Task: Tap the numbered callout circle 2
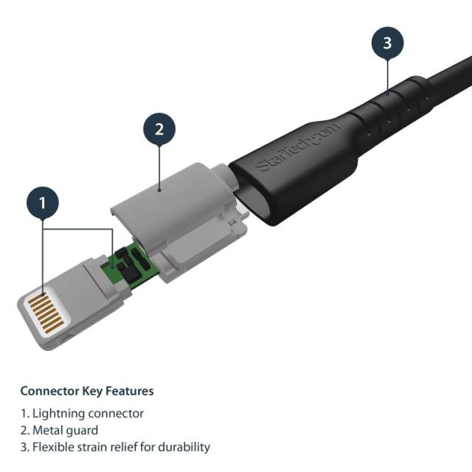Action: coord(159,130)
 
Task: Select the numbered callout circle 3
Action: coord(387,44)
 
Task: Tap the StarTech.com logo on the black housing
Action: coord(299,148)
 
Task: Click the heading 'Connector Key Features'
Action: coord(87,391)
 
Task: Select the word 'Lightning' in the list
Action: coord(58,414)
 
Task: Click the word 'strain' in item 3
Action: coord(92,447)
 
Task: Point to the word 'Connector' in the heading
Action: coord(48,391)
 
